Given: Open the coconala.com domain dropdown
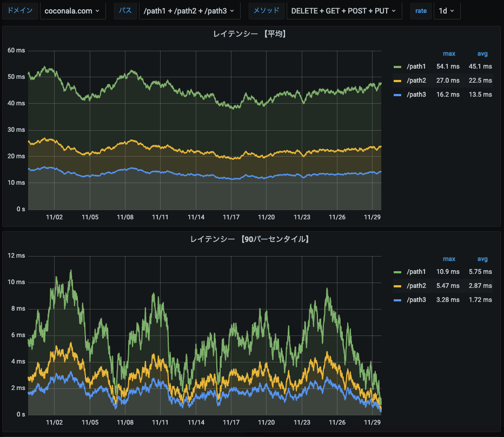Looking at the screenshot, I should point(72,11).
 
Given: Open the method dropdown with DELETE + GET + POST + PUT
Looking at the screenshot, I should point(344,11).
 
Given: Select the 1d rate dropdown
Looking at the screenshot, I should point(447,11).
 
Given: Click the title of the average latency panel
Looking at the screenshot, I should point(249,34).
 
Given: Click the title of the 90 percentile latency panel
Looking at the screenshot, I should point(249,238).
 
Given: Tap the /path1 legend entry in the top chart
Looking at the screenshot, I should point(416,66).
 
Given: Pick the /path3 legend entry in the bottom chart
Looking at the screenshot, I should point(416,299).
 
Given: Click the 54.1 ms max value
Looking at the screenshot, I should point(448,66).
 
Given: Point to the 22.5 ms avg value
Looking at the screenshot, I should point(480,80).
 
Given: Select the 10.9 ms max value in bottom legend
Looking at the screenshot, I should point(448,271).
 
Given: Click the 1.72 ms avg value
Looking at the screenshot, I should point(480,299).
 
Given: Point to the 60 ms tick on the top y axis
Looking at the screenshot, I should point(16,50).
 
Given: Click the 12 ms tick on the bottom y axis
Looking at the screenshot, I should point(16,256).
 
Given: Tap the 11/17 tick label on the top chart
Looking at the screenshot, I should point(231,217).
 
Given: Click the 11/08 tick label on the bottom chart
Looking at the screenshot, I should point(125,422).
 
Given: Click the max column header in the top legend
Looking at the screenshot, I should point(449,53).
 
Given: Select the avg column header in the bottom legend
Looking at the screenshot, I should point(482,259).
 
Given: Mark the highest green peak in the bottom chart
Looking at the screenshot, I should point(70,271).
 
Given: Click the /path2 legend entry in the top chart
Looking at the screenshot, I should point(416,80).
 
